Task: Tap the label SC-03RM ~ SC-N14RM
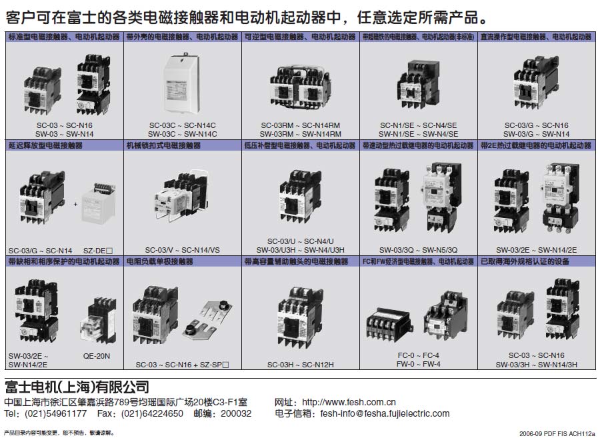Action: coord(300,125)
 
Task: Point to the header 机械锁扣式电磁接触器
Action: coord(163,145)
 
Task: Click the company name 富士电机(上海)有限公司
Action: coord(77,387)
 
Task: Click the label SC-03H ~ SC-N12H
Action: coord(300,365)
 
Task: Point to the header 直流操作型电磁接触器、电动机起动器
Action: coord(536,36)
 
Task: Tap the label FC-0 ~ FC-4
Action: coord(418,356)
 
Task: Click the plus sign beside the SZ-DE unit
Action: coord(75,205)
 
